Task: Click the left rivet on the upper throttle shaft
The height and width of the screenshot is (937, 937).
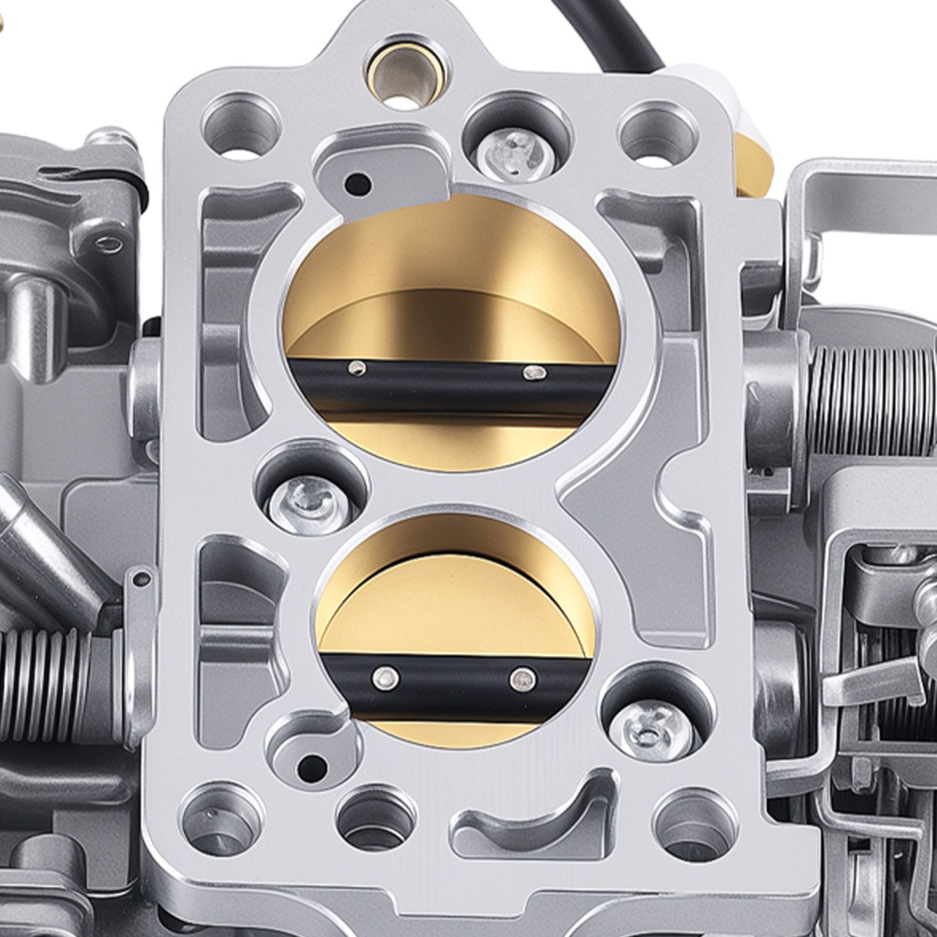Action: point(356,368)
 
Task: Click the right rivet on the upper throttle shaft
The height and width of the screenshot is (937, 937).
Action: point(534,373)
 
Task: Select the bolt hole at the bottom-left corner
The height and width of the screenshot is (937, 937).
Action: point(222,819)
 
